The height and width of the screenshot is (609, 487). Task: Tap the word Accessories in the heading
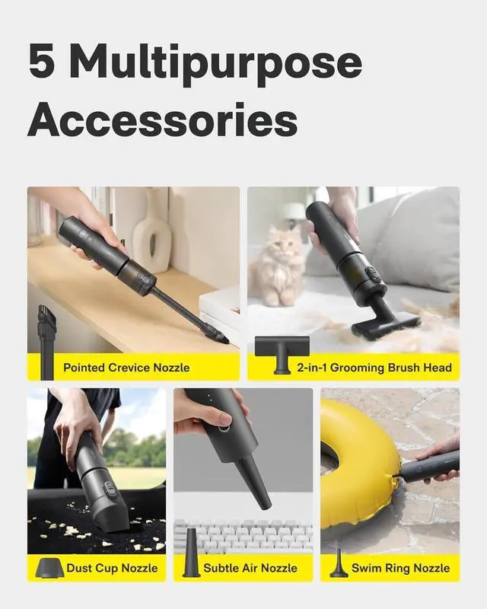click(x=162, y=120)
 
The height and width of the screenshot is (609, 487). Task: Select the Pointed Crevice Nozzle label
click(x=126, y=368)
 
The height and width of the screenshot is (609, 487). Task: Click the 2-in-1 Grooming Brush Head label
click(x=374, y=368)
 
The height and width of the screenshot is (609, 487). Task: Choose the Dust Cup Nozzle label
click(x=112, y=568)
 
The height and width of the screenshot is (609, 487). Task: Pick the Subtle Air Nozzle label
click(x=250, y=568)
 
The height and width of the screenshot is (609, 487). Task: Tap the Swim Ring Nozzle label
click(x=400, y=568)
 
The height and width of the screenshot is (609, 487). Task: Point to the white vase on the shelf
click(x=151, y=229)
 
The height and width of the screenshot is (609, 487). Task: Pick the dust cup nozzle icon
click(x=49, y=566)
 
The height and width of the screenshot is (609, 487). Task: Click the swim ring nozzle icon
click(x=338, y=564)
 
